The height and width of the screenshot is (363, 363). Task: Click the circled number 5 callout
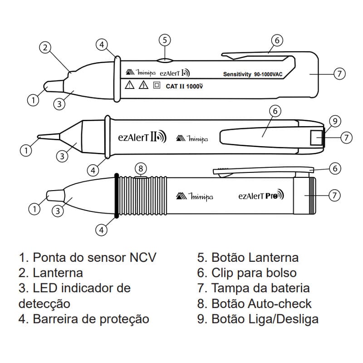click(166, 40)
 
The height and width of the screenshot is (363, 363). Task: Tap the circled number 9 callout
click(334, 121)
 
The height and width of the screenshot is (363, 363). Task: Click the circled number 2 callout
click(44, 47)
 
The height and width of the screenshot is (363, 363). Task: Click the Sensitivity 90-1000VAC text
click(253, 74)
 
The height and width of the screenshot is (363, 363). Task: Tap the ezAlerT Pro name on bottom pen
click(261, 196)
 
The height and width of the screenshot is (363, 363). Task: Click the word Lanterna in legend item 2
click(58, 273)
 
